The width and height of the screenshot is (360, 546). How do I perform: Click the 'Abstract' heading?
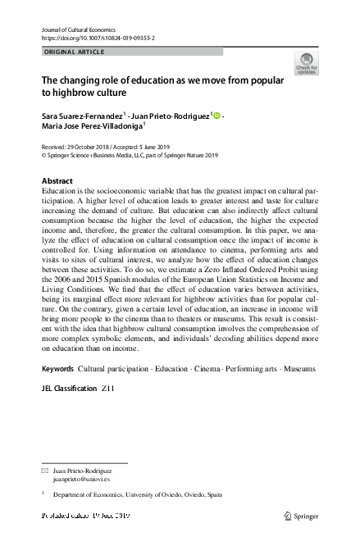point(57,180)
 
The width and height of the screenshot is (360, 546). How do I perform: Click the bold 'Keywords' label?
point(59,369)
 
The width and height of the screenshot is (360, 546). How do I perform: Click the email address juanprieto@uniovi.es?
point(80,480)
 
